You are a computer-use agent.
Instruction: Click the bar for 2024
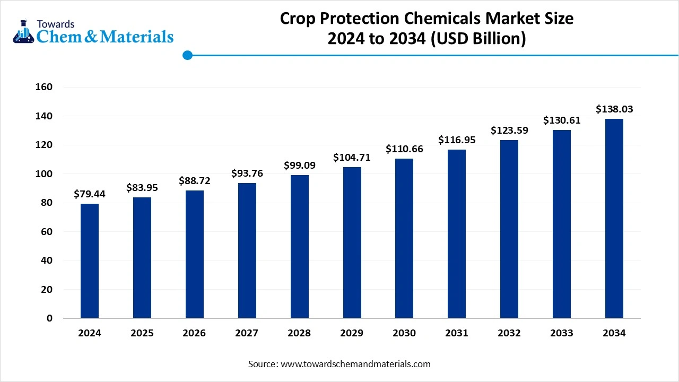click(x=90, y=261)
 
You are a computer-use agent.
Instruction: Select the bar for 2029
click(x=352, y=242)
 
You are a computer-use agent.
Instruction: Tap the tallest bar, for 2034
click(x=614, y=218)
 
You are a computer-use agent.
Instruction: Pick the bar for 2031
click(x=457, y=233)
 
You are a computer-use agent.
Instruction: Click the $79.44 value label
click(x=90, y=194)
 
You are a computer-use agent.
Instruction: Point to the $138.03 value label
click(x=614, y=109)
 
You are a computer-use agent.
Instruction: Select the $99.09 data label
click(x=300, y=166)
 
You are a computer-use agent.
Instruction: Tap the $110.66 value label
click(x=404, y=149)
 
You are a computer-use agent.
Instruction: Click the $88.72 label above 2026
click(x=195, y=181)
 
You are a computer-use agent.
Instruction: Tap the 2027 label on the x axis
click(x=247, y=333)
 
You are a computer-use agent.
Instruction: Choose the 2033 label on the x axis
click(x=562, y=333)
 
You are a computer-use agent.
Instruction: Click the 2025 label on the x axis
click(x=142, y=333)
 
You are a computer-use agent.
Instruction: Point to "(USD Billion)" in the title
click(x=478, y=39)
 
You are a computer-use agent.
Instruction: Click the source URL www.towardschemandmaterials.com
click(x=355, y=364)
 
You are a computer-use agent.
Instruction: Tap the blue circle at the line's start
click(x=187, y=55)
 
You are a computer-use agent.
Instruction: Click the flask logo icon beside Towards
click(x=22, y=31)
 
